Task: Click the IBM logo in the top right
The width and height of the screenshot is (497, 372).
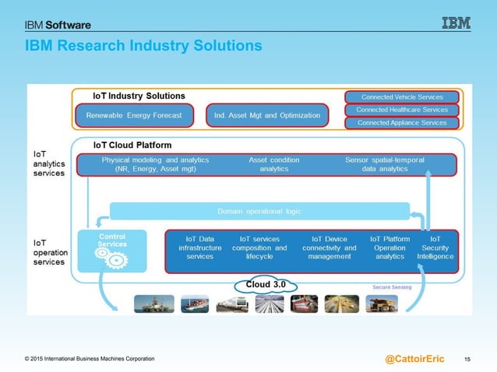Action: pyautogui.click(x=456, y=23)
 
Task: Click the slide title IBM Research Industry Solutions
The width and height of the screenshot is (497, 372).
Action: pyautogui.click(x=143, y=47)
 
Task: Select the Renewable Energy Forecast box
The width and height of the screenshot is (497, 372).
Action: pyautogui.click(x=134, y=116)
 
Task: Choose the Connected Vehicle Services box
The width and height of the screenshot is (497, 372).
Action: pyautogui.click(x=402, y=97)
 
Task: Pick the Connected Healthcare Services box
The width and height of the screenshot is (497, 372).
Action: pyautogui.click(x=402, y=110)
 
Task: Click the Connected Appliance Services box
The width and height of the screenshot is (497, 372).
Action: pyautogui.click(x=402, y=122)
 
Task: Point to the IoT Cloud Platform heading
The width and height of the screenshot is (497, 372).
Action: pyautogui.click(x=132, y=145)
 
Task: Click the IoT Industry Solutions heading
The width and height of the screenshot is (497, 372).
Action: pyautogui.click(x=139, y=96)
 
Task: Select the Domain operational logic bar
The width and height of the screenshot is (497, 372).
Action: pyautogui.click(x=259, y=211)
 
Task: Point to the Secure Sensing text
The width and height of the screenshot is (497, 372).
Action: pyautogui.click(x=392, y=286)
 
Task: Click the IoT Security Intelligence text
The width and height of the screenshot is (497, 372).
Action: pyautogui.click(x=435, y=247)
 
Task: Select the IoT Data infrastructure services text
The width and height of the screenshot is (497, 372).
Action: pyautogui.click(x=200, y=247)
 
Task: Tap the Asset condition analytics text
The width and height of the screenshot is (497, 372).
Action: pyautogui.click(x=273, y=164)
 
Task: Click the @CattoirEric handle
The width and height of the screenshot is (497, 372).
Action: pyautogui.click(x=414, y=359)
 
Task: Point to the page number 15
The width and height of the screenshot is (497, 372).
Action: pyautogui.click(x=467, y=359)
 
